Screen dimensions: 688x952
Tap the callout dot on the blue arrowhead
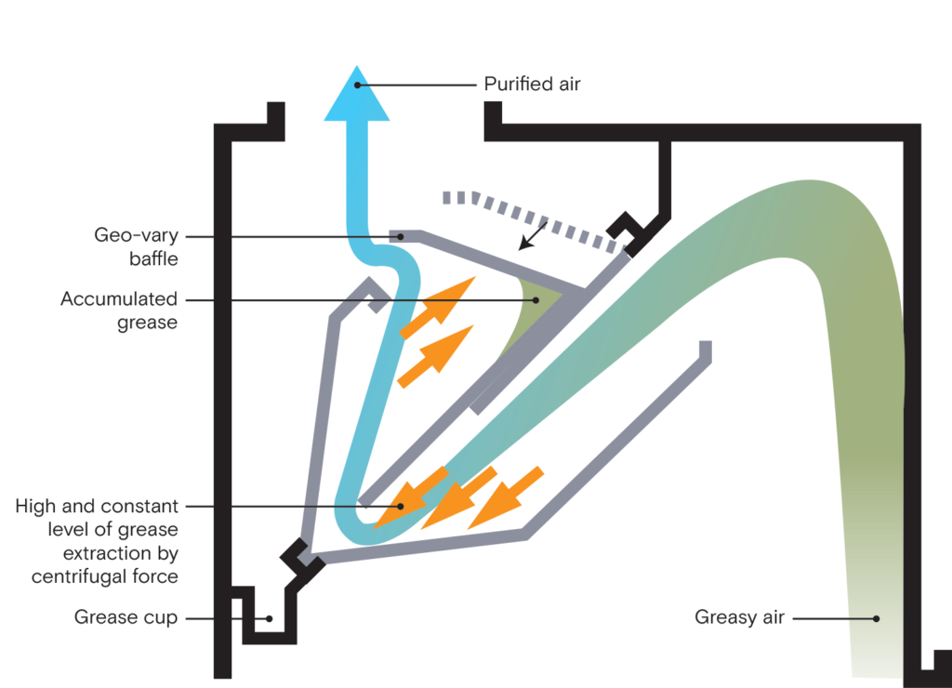[358, 86]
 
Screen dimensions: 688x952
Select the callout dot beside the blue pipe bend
[401, 237]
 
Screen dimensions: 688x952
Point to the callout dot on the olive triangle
[536, 300]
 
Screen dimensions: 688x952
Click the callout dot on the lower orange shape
[401, 507]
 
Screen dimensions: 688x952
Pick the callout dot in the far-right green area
[877, 619]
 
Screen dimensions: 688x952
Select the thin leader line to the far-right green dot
[827, 619]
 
